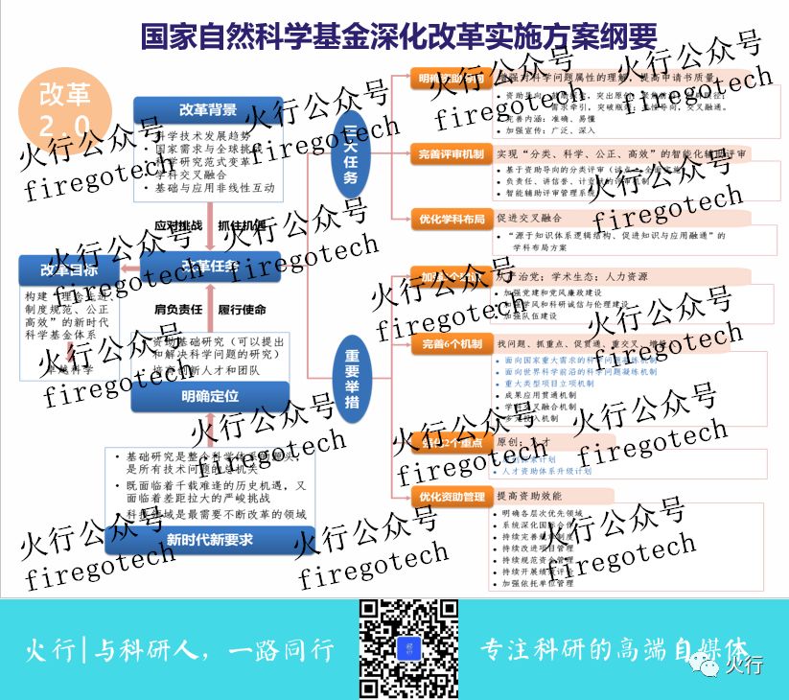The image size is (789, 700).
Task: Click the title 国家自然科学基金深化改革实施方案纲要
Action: [398, 36]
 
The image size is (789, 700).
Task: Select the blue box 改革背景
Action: [208, 108]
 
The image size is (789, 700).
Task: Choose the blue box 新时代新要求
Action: [210, 539]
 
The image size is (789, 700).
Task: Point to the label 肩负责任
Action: [178, 310]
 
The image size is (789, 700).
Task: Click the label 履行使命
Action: [242, 310]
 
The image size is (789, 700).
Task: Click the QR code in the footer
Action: [408, 648]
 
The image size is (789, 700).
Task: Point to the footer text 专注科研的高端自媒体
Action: [614, 648]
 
